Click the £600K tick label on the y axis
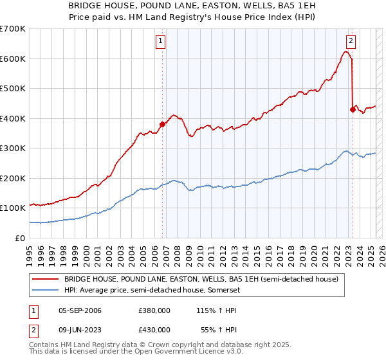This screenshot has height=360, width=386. click(12, 59)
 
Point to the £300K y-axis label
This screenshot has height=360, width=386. click(12, 148)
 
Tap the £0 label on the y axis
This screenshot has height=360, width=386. click(21, 238)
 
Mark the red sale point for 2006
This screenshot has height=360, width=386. click(162, 124)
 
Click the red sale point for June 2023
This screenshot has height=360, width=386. click(353, 109)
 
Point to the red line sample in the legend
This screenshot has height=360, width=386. click(46, 280)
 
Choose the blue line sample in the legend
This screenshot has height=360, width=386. click(46, 291)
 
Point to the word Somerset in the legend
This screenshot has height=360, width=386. click(227, 291)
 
